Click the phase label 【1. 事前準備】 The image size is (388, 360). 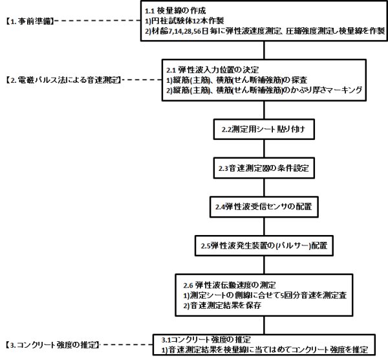[28, 21]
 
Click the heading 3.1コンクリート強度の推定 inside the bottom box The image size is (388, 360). [205, 339]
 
